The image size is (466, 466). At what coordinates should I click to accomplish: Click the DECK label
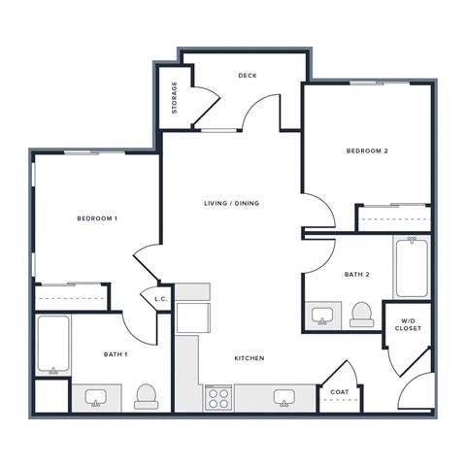pyautogui.click(x=248, y=76)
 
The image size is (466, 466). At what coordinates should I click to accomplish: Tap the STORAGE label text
pyautogui.click(x=175, y=98)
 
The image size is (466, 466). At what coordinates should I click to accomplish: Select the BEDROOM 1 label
pyautogui.click(x=97, y=218)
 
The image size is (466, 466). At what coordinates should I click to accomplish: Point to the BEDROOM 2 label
pyautogui.click(x=367, y=151)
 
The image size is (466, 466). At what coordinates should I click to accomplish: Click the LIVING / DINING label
pyautogui.click(x=232, y=204)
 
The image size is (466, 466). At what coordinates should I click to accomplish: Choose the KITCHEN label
pyautogui.click(x=250, y=358)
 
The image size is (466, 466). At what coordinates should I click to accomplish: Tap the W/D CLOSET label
pyautogui.click(x=408, y=325)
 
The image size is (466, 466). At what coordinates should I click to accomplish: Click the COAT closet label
pyautogui.click(x=340, y=392)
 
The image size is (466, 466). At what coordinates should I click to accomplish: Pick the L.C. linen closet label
pyautogui.click(x=161, y=299)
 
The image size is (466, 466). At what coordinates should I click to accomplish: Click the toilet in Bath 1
pyautogui.click(x=147, y=396)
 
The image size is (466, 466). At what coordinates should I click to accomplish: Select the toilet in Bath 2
pyautogui.click(x=362, y=315)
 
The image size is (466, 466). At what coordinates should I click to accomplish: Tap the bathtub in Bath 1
pyautogui.click(x=53, y=345)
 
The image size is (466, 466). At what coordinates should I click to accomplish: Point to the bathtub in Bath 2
pyautogui.click(x=412, y=268)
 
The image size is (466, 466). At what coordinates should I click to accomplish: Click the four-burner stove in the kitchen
pyautogui.click(x=218, y=398)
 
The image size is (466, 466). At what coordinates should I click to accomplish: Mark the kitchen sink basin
pyautogui.click(x=284, y=397)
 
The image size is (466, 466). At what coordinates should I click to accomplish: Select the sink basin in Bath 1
pyautogui.click(x=96, y=397)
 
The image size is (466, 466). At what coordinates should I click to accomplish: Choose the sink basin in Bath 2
pyautogui.click(x=322, y=316)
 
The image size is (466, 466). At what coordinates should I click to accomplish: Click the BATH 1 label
pyautogui.click(x=116, y=354)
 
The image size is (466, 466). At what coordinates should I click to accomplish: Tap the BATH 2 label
pyautogui.click(x=357, y=275)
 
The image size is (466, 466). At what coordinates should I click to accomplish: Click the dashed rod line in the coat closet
pyautogui.click(x=340, y=400)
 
